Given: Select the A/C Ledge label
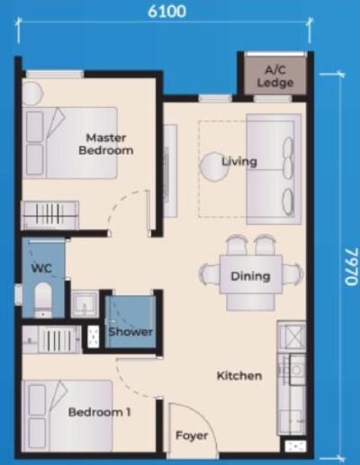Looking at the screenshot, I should [274, 76].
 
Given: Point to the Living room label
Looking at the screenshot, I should [240, 162].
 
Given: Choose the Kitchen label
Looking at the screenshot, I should [239, 375].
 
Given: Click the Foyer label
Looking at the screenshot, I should [192, 435].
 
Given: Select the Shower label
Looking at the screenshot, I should [130, 332].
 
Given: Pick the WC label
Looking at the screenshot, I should [40, 268].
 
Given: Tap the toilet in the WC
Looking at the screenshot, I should [42, 299].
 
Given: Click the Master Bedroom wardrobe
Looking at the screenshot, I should [49, 215].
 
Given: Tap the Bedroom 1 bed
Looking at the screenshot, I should [67, 415].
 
